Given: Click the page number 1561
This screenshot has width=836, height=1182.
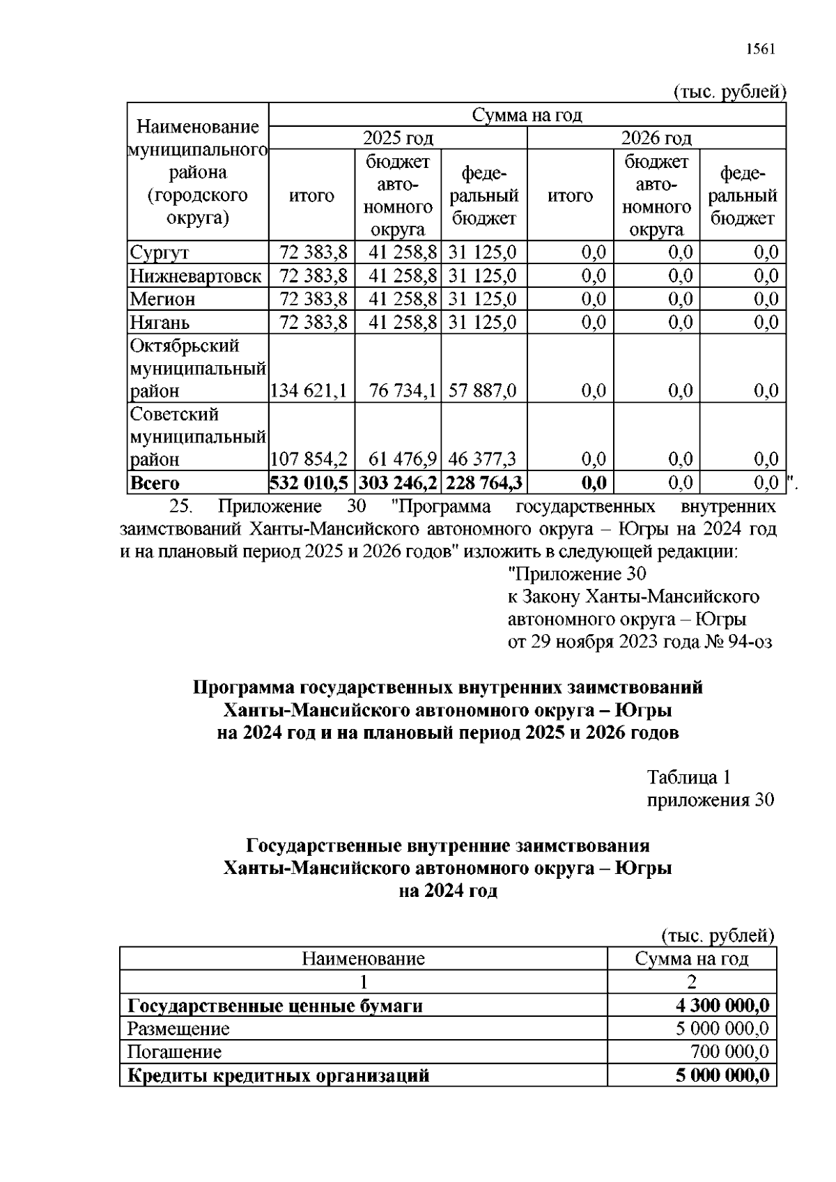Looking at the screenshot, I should coord(760,49).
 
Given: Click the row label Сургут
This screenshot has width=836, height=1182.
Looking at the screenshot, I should coord(160,253).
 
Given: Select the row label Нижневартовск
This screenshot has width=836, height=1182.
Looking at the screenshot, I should coord(196,276).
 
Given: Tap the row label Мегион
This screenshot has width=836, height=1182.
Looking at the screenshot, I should coord(162,300).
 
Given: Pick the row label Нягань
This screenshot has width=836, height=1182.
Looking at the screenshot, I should coord(160,323).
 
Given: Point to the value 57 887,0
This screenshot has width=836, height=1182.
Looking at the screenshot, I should coord(483,391).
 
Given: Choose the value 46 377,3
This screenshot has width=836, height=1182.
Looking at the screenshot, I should coord(483,459).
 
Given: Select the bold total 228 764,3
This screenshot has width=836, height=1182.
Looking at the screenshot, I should coord(484,483).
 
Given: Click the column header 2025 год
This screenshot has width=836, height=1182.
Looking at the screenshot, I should coord(398,138).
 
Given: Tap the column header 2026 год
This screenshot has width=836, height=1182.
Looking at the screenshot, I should coord(656,138).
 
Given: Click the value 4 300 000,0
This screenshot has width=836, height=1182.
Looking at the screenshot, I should coord(722,1006).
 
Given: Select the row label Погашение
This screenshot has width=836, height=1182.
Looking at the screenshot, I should coord(174,1052).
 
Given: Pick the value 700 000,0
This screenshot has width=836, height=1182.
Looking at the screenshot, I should coord(729,1052).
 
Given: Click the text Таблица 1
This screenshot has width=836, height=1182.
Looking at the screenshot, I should coord(688,777).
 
